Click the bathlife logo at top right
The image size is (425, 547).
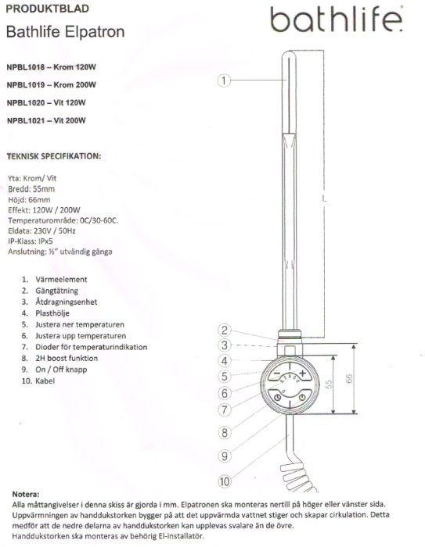coord(337,20)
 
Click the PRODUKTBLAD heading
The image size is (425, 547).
coord(48,9)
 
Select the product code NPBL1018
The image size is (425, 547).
coord(26,67)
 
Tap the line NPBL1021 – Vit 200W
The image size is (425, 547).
coord(46,120)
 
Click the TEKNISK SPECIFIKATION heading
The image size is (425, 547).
coord(54,156)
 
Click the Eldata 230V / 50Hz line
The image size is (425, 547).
coord(41,231)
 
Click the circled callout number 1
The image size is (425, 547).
coord(224,80)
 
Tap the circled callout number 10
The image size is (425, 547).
coord(225,481)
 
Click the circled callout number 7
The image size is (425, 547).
coord(225,409)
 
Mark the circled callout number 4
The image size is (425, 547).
coord(225,361)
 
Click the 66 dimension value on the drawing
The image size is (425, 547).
coord(349,379)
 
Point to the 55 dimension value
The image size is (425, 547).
coord(329,384)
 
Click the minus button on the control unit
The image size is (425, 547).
coord(277,374)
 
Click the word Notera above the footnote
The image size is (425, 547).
coord(26,494)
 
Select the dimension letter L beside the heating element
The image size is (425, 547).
coord(324,199)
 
